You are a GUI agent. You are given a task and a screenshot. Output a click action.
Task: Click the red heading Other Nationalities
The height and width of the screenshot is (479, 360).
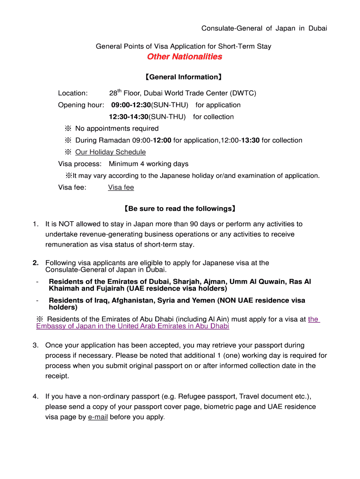tap(185, 57)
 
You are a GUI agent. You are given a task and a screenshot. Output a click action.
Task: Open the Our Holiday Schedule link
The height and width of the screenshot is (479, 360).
tap(110, 152)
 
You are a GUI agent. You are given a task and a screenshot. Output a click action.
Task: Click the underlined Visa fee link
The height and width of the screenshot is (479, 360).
tap(121, 188)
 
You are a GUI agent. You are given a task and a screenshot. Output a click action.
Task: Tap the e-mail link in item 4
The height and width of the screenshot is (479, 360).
tap(98, 417)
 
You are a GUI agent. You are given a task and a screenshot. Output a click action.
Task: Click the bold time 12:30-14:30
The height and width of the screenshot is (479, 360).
tap(129, 116)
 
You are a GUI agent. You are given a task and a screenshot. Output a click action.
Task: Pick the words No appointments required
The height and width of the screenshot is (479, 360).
tap(117, 128)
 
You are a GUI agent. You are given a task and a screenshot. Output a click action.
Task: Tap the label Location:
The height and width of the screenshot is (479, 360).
tap(73, 93)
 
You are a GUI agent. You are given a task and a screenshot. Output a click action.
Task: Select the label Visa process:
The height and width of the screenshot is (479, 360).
tap(79, 164)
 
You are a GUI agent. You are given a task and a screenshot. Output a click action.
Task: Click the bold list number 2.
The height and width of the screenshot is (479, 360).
tap(36, 263)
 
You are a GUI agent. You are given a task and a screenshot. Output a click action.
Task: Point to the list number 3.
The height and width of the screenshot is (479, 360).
tap(36, 345)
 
